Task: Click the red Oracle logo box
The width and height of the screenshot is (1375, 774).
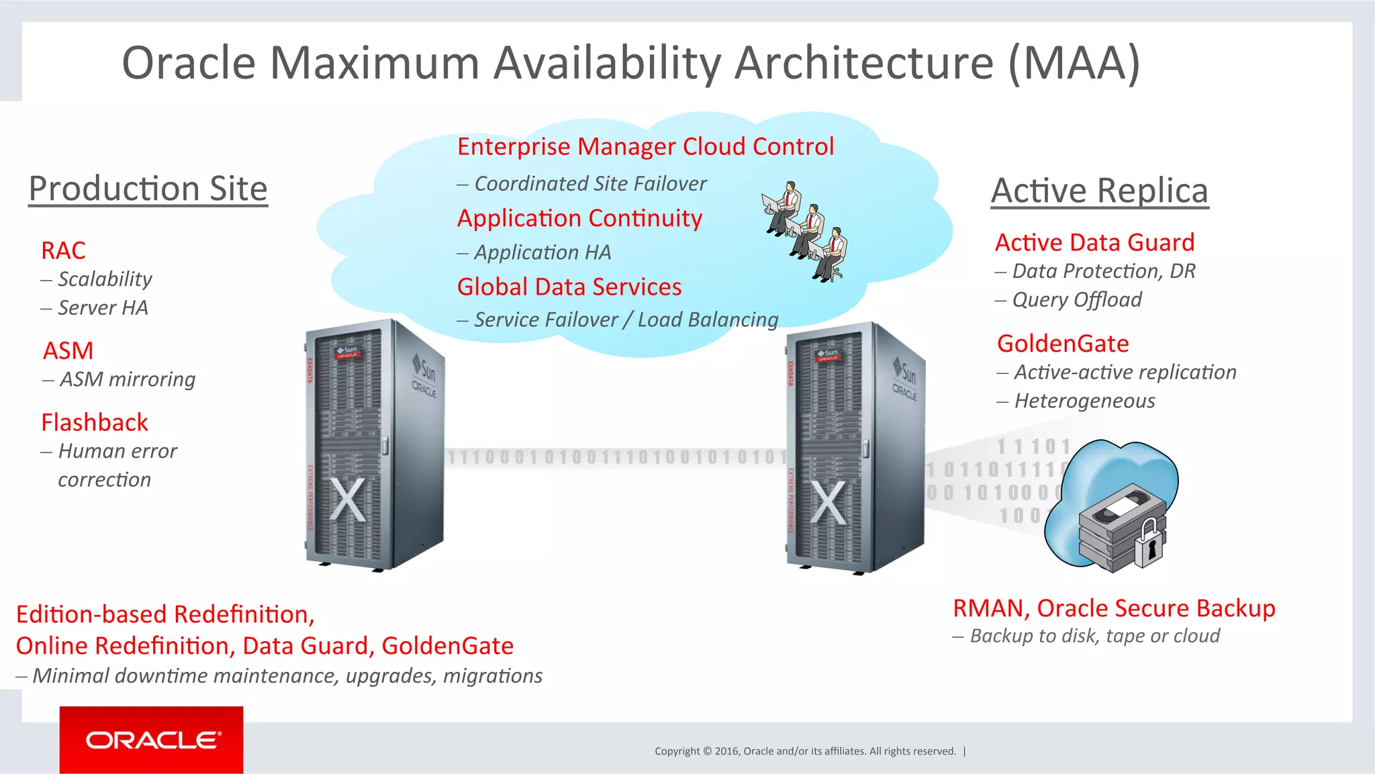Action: (151, 739)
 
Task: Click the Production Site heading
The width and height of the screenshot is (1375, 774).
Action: (148, 189)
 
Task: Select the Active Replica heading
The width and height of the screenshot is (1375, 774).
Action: (1099, 191)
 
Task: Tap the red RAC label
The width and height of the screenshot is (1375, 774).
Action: (63, 250)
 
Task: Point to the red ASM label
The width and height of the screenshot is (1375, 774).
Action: (68, 350)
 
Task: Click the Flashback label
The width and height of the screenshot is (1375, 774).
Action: (94, 422)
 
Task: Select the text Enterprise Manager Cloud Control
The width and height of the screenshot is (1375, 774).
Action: (645, 146)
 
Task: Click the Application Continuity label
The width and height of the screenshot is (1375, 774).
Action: (579, 218)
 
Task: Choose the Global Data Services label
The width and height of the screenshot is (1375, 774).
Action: (569, 287)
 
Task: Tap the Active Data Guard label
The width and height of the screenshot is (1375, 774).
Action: (1094, 242)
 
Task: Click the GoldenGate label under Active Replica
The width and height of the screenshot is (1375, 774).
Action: (1062, 343)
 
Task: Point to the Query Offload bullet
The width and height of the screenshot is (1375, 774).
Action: (1076, 299)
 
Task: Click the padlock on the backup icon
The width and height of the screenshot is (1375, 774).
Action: (1149, 543)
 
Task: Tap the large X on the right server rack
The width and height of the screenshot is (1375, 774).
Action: (828, 502)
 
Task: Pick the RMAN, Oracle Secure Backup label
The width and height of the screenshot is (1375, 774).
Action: (1113, 608)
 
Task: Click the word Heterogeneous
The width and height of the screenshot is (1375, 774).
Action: (1084, 401)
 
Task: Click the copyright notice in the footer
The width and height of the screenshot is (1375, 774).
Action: (805, 751)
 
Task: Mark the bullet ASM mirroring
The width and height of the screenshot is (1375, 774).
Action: (127, 379)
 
